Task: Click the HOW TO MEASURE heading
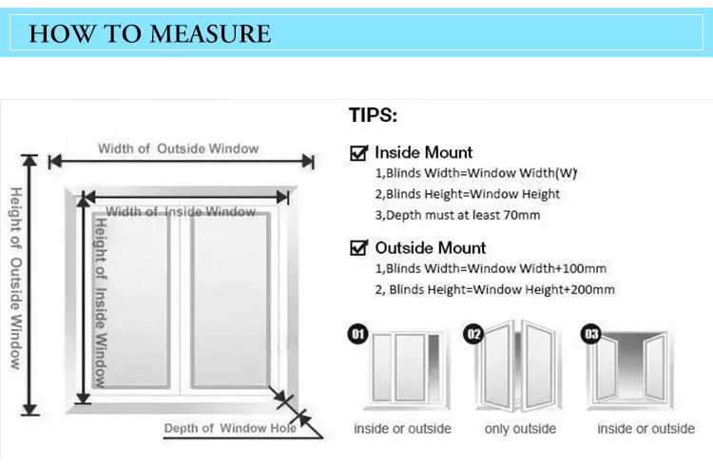149,34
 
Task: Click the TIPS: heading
373,116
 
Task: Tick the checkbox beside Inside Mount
359,152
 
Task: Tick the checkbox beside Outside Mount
359,248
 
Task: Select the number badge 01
358,334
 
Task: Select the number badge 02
472,334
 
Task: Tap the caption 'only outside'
521,429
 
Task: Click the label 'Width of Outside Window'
178,148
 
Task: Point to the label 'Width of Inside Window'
181,211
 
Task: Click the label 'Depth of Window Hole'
230,428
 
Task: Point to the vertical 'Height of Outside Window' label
16,277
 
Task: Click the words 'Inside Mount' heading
423,152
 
